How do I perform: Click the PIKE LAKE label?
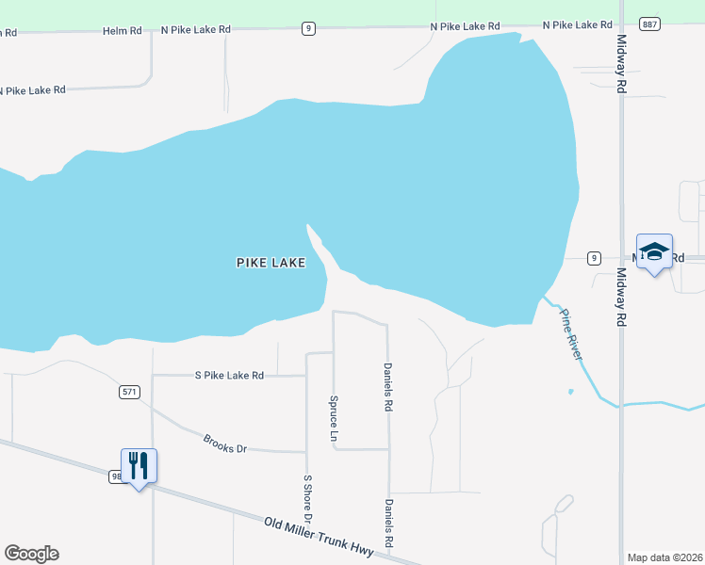click(x=271, y=264)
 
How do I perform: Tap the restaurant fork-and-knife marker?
click(x=139, y=465)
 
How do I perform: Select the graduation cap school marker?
click(x=654, y=251)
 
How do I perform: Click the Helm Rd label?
click(x=123, y=31)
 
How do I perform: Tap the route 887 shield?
click(x=648, y=24)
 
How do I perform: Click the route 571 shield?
click(x=130, y=392)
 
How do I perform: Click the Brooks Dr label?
click(x=225, y=443)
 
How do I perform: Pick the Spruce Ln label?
click(x=334, y=418)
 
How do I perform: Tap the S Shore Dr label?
click(x=307, y=499)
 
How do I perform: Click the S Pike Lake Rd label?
click(x=229, y=375)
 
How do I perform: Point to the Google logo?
click(x=31, y=554)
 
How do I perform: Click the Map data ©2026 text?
click(x=664, y=557)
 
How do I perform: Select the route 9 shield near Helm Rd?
click(x=308, y=29)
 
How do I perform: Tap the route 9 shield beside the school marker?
click(x=593, y=257)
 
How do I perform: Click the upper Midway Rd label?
click(x=622, y=64)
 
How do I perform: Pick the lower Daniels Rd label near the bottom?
click(x=388, y=524)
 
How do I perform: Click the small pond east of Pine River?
click(x=570, y=392)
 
